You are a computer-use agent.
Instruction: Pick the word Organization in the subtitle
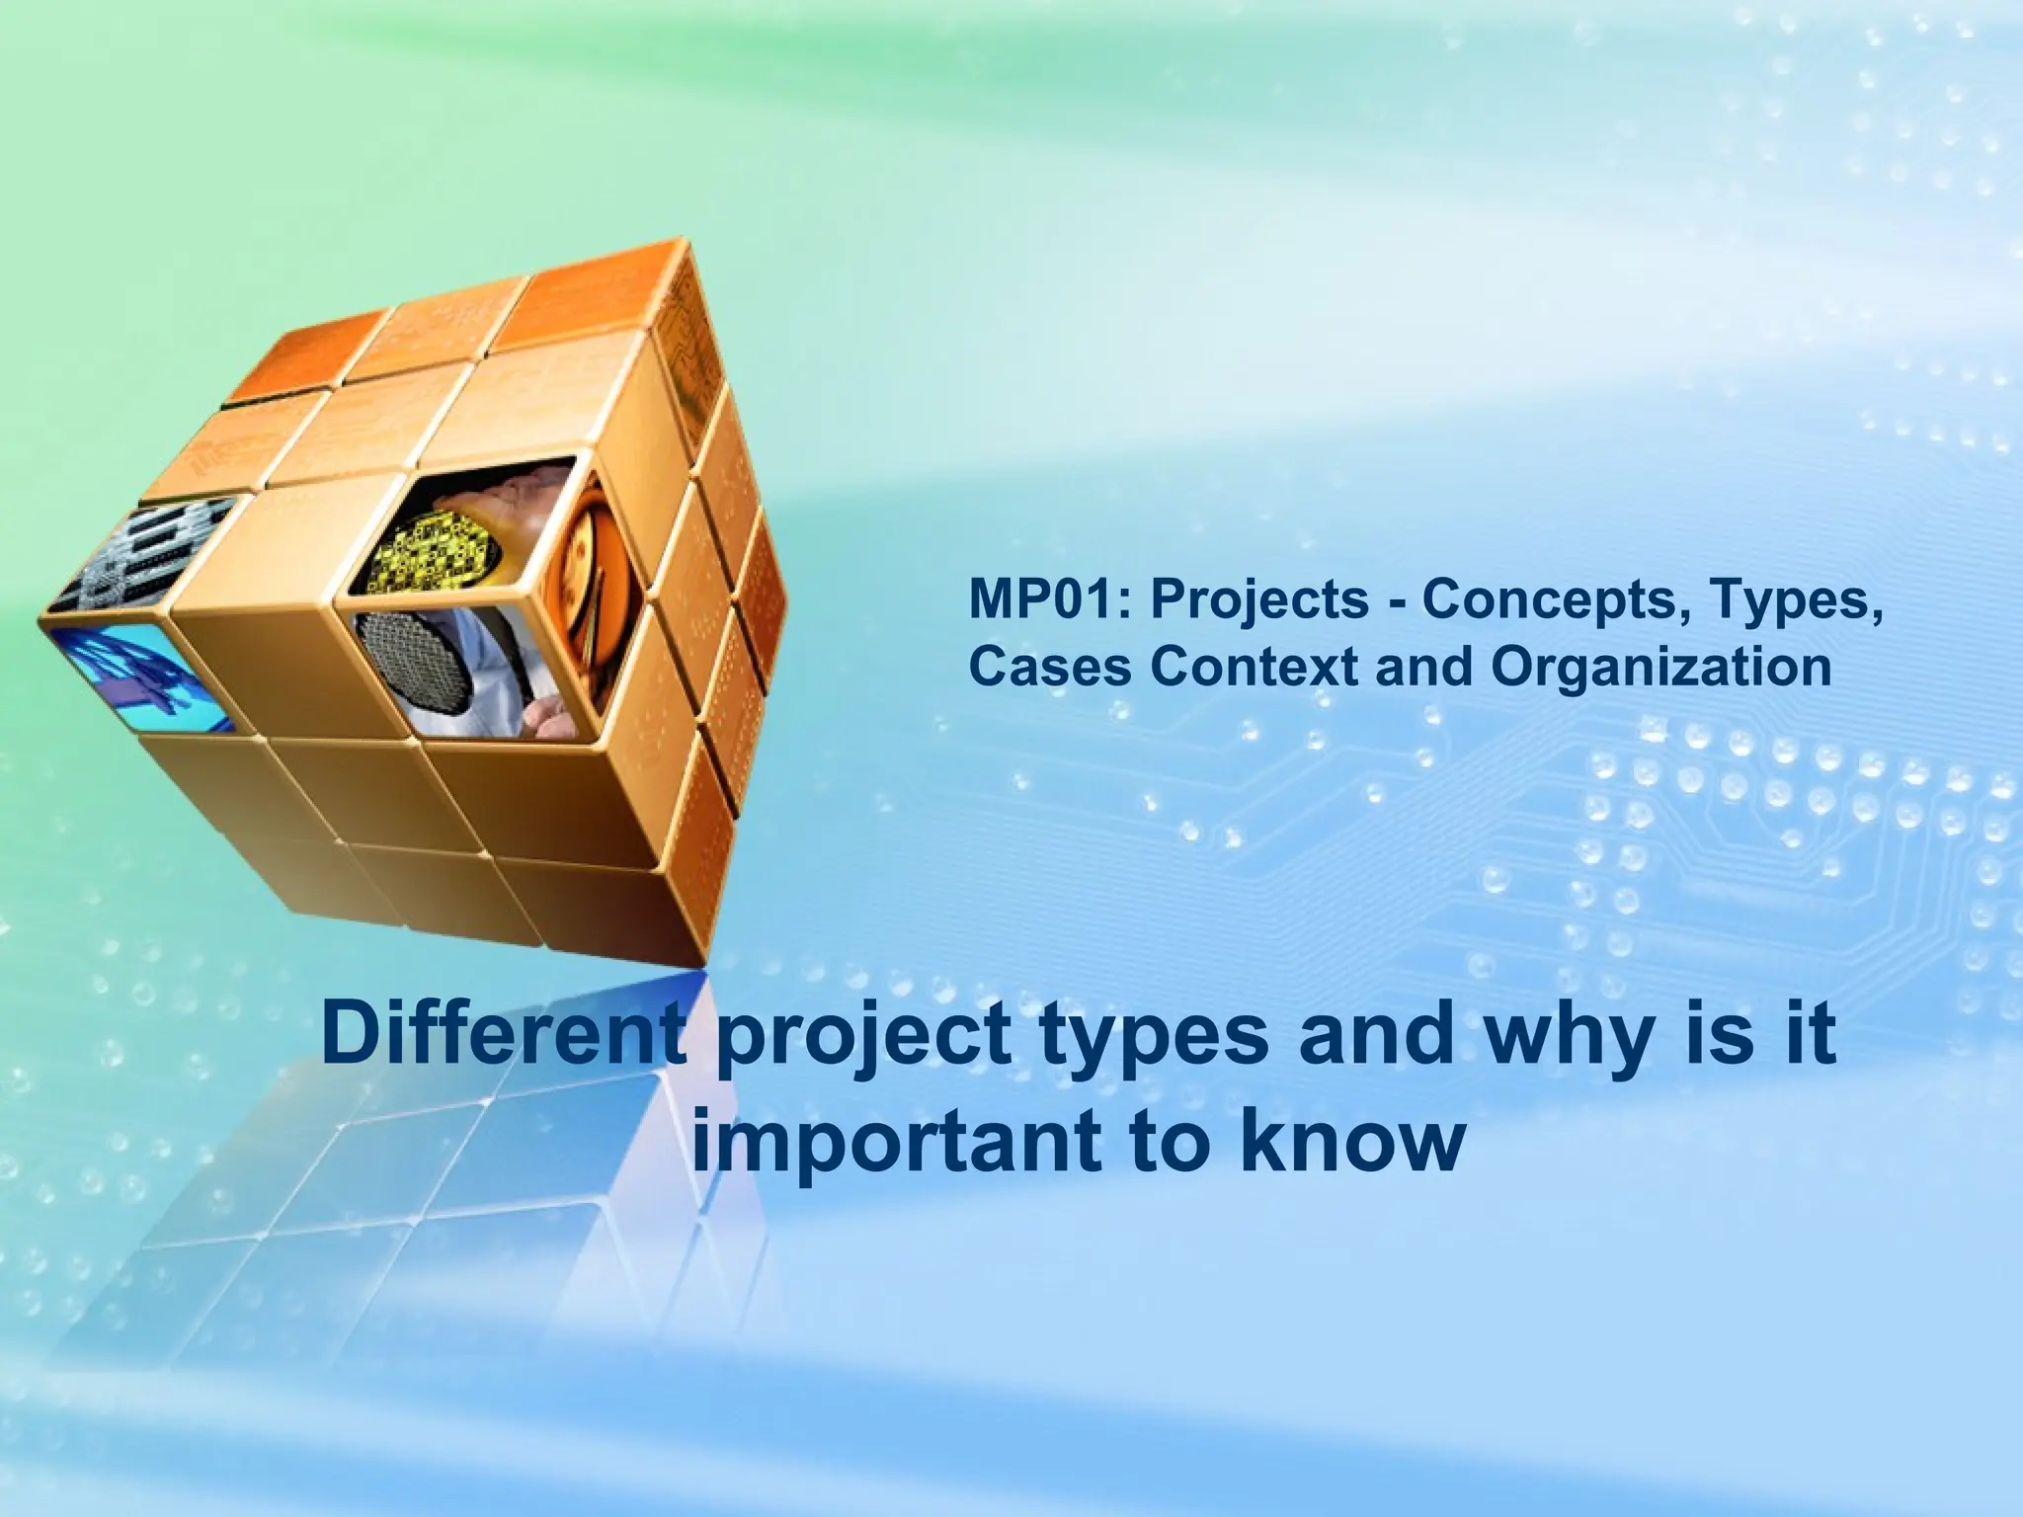(1660, 668)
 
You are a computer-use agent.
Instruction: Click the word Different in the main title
(503, 1035)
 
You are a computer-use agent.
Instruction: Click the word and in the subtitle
(1424, 668)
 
